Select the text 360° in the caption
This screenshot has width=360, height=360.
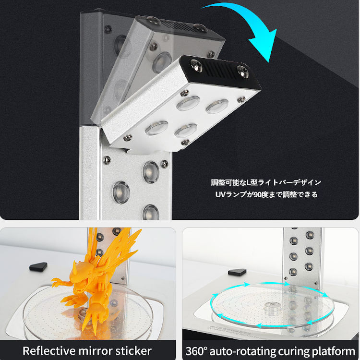pos(198,350)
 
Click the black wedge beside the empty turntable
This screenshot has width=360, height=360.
pos(237,272)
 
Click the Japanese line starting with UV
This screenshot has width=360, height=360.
pos(266,195)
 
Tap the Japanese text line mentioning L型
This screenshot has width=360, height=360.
pos(266,182)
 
